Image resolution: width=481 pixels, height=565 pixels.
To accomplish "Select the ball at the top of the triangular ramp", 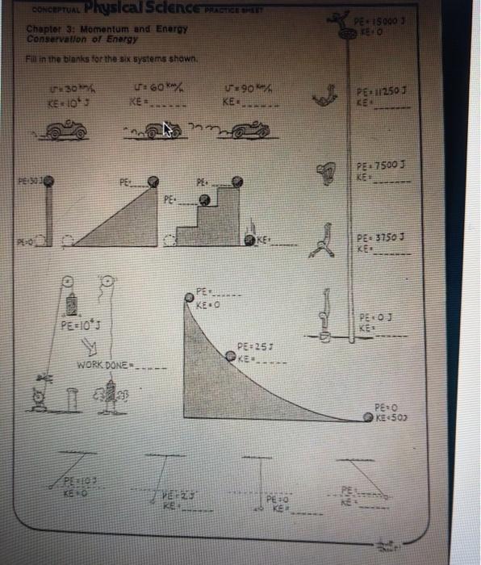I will point(150,183).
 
